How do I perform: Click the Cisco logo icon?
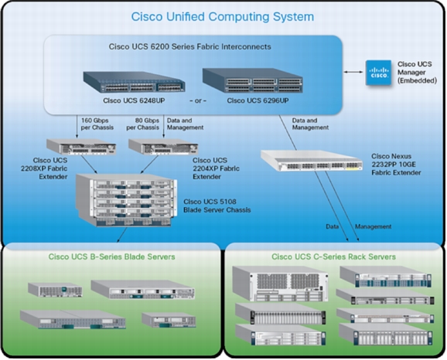[378, 73]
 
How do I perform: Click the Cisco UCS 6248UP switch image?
[134, 82]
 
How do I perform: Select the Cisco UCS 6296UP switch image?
[253, 80]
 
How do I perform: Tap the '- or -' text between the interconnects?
[198, 101]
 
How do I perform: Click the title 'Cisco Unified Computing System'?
[223, 16]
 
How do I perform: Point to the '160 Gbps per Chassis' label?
[97, 124]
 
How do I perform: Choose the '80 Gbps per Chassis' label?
[142, 124]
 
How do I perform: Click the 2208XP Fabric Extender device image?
[81, 147]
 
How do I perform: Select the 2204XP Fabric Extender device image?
[163, 147]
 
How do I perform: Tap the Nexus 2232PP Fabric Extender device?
[312, 161]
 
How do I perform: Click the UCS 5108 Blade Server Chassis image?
[126, 200]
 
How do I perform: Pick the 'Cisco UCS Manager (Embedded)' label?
[417, 73]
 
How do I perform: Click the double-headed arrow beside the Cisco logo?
[353, 72]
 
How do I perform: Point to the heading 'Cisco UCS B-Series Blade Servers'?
[111, 256]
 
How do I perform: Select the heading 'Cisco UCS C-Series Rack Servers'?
[333, 256]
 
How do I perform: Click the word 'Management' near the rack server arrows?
[373, 226]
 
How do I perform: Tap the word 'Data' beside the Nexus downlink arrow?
[332, 226]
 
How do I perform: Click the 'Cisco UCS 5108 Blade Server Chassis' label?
[217, 205]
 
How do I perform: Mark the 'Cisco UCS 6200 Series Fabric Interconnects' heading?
[190, 46]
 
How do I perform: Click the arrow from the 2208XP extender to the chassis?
[89, 164]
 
